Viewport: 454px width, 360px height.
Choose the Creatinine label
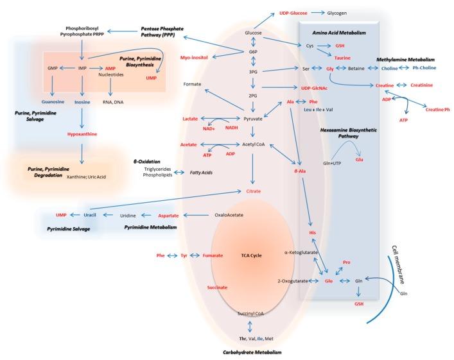pyautogui.click(x=417, y=85)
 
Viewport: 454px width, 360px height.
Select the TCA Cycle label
pyautogui.click(x=253, y=255)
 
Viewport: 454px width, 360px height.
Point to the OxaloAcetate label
pyautogui.click(x=231, y=216)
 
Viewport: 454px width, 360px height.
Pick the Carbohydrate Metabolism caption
pyautogui.click(x=253, y=352)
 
